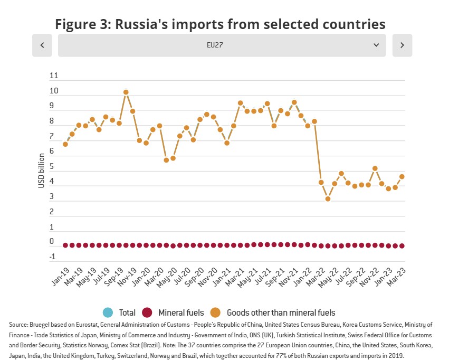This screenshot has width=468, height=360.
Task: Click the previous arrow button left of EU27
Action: coord(42,45)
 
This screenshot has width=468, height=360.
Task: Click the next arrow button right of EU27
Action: coord(402,45)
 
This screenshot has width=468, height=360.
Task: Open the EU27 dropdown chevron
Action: coord(376,45)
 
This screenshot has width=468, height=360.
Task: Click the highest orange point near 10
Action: coord(126,92)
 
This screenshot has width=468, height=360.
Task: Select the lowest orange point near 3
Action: coord(328,199)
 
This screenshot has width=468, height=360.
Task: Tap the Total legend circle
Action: coord(108,312)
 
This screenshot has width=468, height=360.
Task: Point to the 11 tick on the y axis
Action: coord(53,76)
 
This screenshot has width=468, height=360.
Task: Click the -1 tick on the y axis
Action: coord(52,257)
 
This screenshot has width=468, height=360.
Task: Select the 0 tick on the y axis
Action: coord(52,242)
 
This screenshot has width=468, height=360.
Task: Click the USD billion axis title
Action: coord(41,170)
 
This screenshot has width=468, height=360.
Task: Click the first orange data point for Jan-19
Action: coord(65,144)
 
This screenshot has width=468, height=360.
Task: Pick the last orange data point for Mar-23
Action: coord(402,177)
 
